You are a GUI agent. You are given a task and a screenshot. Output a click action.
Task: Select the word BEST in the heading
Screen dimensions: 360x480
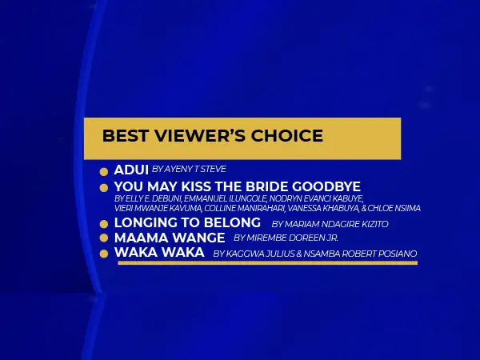tap(126, 136)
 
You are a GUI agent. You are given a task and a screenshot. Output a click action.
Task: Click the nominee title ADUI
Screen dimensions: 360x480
tap(131, 170)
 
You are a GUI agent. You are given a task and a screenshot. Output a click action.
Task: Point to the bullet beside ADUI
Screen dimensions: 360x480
tap(104, 172)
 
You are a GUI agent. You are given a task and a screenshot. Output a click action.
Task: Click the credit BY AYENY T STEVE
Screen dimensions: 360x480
tap(189, 170)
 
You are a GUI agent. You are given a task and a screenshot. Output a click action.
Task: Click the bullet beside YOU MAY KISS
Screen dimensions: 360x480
tap(104, 188)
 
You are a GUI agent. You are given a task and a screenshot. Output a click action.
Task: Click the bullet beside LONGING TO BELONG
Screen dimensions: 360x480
tap(104, 224)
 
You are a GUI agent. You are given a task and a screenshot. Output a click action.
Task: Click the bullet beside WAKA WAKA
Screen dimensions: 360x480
tap(104, 254)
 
